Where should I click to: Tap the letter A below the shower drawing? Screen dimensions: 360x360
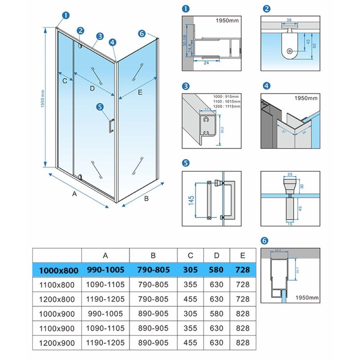tap(75, 194)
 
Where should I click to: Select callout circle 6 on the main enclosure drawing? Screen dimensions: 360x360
tap(141, 33)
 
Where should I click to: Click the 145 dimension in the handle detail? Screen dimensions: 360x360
tap(191, 199)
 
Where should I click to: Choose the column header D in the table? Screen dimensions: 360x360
tap(216, 255)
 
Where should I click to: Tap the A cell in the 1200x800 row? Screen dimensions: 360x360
tap(105, 299)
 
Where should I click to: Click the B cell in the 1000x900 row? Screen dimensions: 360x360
tap(153, 313)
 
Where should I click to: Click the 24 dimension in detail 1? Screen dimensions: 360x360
tap(206, 63)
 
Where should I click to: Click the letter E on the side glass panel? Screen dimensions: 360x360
tap(140, 93)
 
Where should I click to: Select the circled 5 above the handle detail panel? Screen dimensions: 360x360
tap(186, 163)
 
